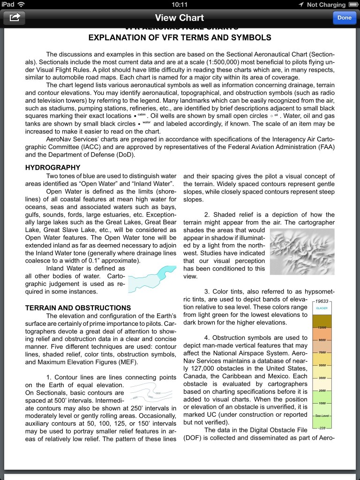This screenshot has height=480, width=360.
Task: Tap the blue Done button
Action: pyautogui.click(x=345, y=18)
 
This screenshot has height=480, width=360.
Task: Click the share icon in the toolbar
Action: pyautogui.click(x=15, y=18)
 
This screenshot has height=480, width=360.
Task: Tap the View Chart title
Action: pyautogui.click(x=180, y=18)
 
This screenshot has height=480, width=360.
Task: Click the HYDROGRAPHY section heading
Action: pyautogui.click(x=52, y=167)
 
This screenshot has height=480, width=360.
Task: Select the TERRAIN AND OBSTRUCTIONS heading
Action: pyautogui.click(x=78, y=308)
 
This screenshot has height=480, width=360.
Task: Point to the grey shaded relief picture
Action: pyautogui.click(x=302, y=251)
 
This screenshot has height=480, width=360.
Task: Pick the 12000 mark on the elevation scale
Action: pyautogui.click(x=322, y=327)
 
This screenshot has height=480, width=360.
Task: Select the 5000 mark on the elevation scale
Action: pyautogui.click(x=322, y=365)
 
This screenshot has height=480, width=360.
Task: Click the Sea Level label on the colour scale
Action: pyautogui.click(x=322, y=416)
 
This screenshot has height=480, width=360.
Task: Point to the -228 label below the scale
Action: pyautogui.click(x=322, y=428)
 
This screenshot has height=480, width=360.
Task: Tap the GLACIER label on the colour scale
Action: pyautogui.click(x=322, y=308)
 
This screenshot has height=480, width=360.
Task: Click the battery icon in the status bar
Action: pyautogui.click(x=352, y=4)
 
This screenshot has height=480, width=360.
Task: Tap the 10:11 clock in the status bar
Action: pyautogui.click(x=180, y=4)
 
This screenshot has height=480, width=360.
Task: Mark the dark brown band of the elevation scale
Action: pyautogui.click(x=322, y=320)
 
